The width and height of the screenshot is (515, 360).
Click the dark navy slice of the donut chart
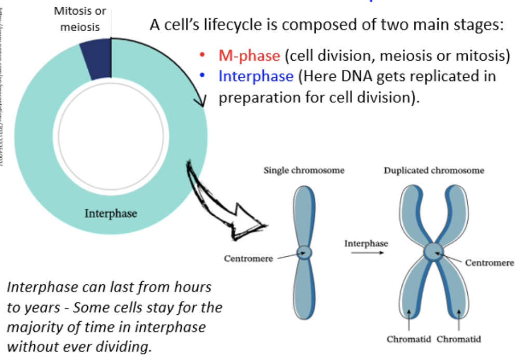96,60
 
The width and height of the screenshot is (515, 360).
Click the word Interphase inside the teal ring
111,213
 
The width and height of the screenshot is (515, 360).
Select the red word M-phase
249,56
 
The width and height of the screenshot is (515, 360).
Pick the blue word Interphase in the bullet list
256,76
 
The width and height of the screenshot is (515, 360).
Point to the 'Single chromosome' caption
304,170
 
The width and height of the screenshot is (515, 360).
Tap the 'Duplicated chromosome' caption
434,170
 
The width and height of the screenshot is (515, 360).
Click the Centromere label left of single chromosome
248,258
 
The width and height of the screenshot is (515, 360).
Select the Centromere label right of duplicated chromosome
489,263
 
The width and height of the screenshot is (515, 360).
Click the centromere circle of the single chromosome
304,253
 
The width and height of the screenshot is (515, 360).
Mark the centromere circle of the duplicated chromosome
433,252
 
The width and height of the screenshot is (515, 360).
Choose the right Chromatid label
459,339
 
